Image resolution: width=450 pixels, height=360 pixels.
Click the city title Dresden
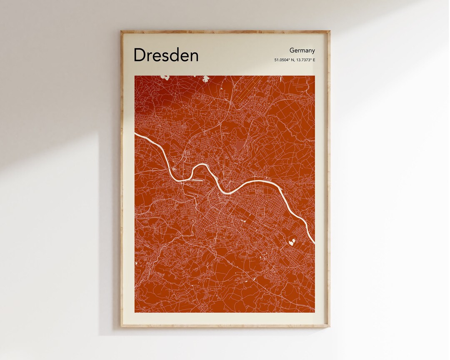166,55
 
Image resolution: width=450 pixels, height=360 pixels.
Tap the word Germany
302,50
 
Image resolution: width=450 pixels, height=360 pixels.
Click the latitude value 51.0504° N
284,60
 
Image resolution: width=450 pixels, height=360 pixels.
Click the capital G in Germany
292,50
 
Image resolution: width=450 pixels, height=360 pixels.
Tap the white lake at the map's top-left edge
165,77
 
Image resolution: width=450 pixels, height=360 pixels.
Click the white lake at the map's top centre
205,78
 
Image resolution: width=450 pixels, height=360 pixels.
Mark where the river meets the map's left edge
136,134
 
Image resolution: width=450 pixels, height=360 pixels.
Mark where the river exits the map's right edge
314,241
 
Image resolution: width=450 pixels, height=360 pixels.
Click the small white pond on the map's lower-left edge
136,263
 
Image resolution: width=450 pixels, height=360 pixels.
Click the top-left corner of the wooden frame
122,31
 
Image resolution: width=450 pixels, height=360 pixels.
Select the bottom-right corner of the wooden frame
329,326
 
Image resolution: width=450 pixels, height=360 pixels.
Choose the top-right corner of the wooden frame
329,31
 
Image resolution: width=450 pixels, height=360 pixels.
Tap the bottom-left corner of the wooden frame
122,326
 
